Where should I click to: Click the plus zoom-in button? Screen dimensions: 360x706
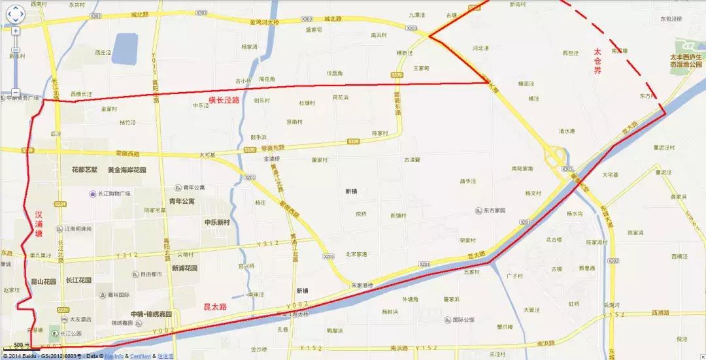pos(15,31)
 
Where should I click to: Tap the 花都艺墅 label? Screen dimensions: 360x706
pos(84,169)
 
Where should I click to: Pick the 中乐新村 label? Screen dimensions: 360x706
pos(217,222)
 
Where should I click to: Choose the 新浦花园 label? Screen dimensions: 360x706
pos(187,268)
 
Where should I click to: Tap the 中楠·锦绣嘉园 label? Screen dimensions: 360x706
pos(150,314)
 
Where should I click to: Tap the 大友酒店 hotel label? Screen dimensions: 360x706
pos(80,319)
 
